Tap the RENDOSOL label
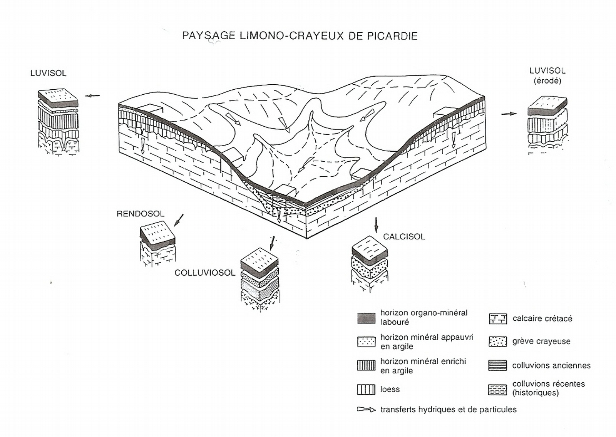pyautogui.click(x=140, y=214)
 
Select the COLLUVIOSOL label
pyautogui.click(x=205, y=273)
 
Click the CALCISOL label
pyautogui.click(x=404, y=236)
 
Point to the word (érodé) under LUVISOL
pyautogui.click(x=547, y=81)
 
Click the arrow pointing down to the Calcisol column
pyautogui.click(x=376, y=225)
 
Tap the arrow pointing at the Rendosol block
pyautogui.click(x=179, y=220)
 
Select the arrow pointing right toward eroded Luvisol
pyautogui.click(x=509, y=114)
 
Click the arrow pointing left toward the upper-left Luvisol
pyautogui.click(x=92, y=95)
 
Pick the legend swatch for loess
pyautogui.click(x=366, y=390)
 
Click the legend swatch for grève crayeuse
pyautogui.click(x=497, y=342)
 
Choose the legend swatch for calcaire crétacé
pyautogui.click(x=497, y=319)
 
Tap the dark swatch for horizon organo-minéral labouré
pyautogui.click(x=366, y=318)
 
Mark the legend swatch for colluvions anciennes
pyautogui.click(x=497, y=365)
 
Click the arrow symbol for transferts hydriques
pyautogui.click(x=366, y=410)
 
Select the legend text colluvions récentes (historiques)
pyautogui.click(x=548, y=388)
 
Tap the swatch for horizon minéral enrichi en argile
pyautogui.click(x=366, y=365)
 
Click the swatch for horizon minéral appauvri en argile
pyautogui.click(x=366, y=342)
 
